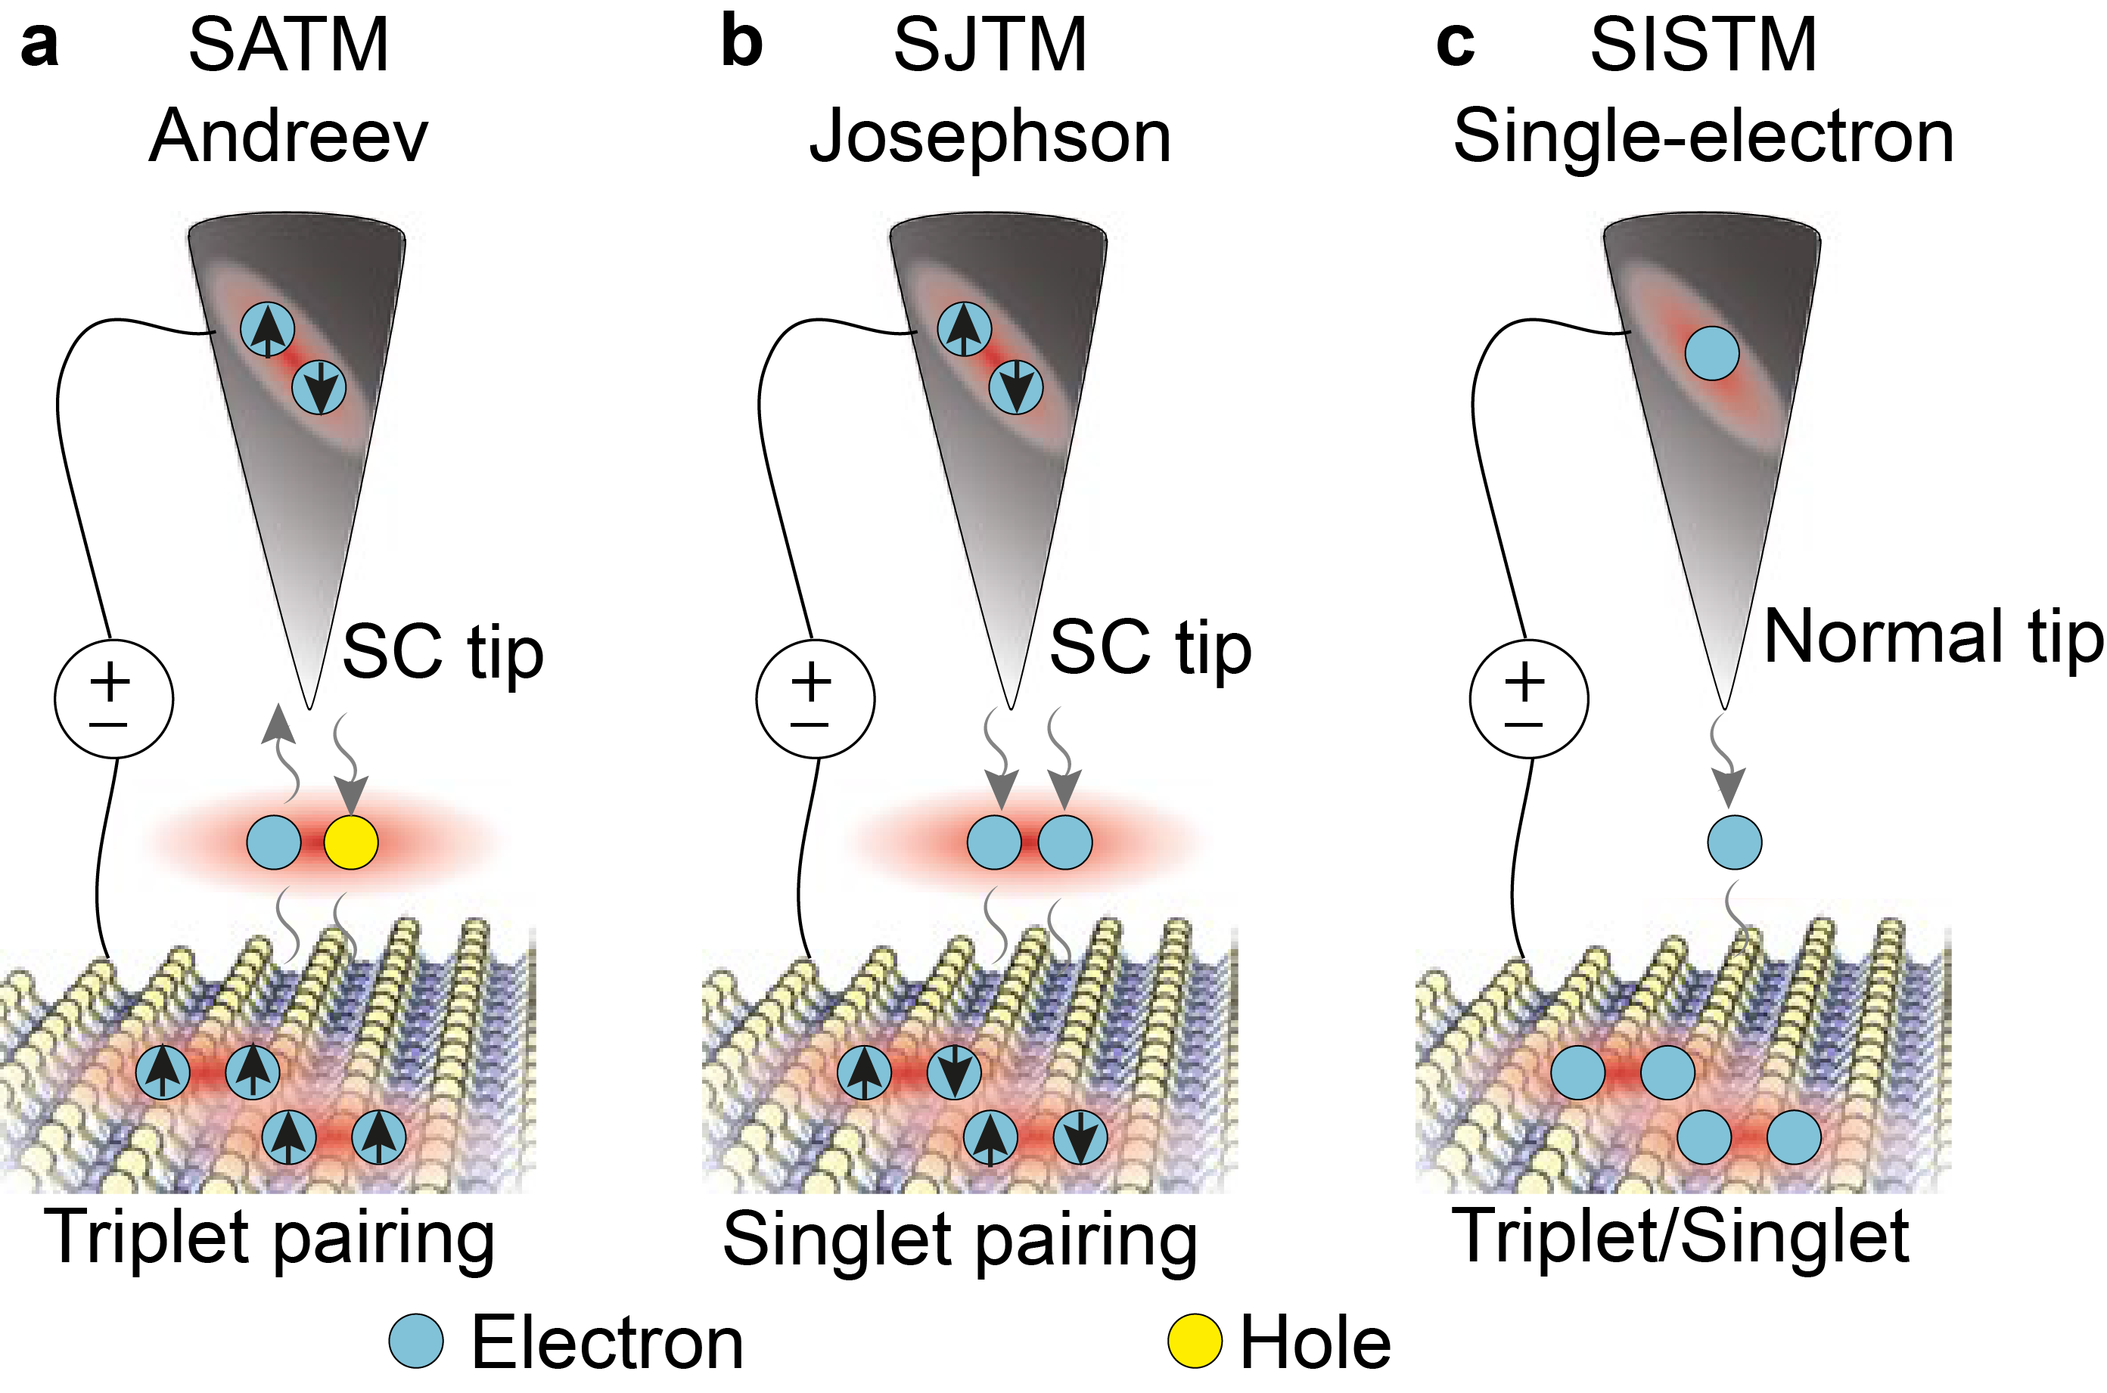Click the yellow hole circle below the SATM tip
[351, 842]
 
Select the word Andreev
[288, 137]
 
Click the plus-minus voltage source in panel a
[113, 700]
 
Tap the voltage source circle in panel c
[1528, 700]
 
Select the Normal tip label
[1933, 636]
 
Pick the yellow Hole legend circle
[1195, 1342]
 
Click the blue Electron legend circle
[416, 1342]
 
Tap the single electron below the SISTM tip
[1735, 842]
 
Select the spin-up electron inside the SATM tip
[268, 329]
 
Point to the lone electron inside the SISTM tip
[1711, 352]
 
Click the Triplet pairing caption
[271, 1237]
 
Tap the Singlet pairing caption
[960, 1240]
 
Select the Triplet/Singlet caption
[1680, 1236]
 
